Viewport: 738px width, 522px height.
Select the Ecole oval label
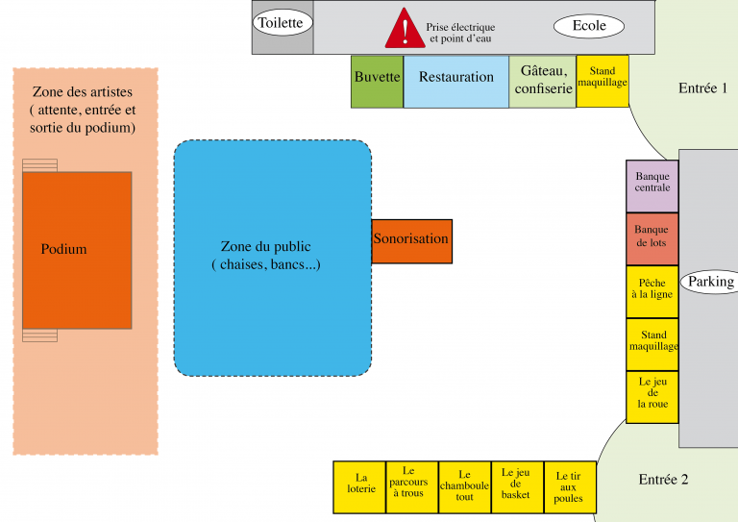coord(589,26)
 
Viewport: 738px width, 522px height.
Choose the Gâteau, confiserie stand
coord(543,81)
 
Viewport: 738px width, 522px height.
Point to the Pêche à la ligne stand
coord(652,291)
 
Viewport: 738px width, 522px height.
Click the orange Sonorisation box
coord(411,240)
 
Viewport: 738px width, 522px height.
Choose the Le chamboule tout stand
coord(465,486)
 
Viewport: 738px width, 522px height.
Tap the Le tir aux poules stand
coord(569,486)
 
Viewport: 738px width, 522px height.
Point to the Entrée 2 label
coord(664,480)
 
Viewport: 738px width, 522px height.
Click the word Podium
coord(64,250)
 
